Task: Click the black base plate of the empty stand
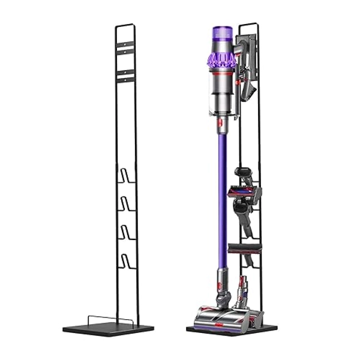(x=108, y=329)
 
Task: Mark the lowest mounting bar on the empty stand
(x=125, y=77)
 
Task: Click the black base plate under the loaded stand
(x=232, y=331)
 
